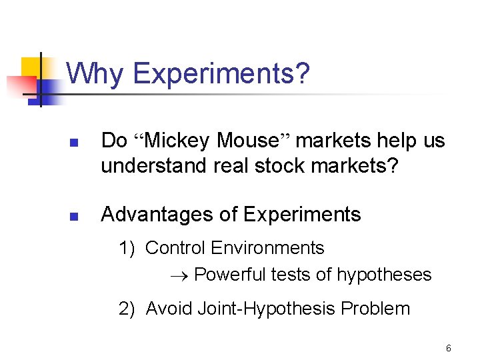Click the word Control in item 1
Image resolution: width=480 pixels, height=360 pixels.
(175, 248)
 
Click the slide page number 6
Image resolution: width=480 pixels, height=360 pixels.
(449, 348)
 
